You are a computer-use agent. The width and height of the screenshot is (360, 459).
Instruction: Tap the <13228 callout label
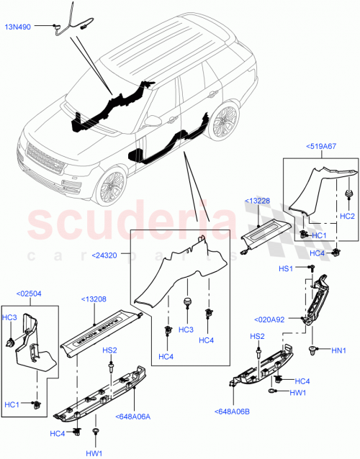pos(258,200)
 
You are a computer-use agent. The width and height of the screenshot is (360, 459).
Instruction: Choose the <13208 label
pos(94,299)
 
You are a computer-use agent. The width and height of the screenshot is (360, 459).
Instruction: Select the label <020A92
pos(271,319)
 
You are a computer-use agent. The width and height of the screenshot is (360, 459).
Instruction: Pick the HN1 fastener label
pos(339,350)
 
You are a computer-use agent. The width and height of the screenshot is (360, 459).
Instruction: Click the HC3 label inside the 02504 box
pos(9,317)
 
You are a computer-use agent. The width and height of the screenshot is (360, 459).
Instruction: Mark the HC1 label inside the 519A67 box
pos(319,236)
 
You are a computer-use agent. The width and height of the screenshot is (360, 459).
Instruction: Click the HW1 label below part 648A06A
pos(94,453)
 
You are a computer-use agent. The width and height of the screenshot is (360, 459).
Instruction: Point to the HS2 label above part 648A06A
pos(109,350)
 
